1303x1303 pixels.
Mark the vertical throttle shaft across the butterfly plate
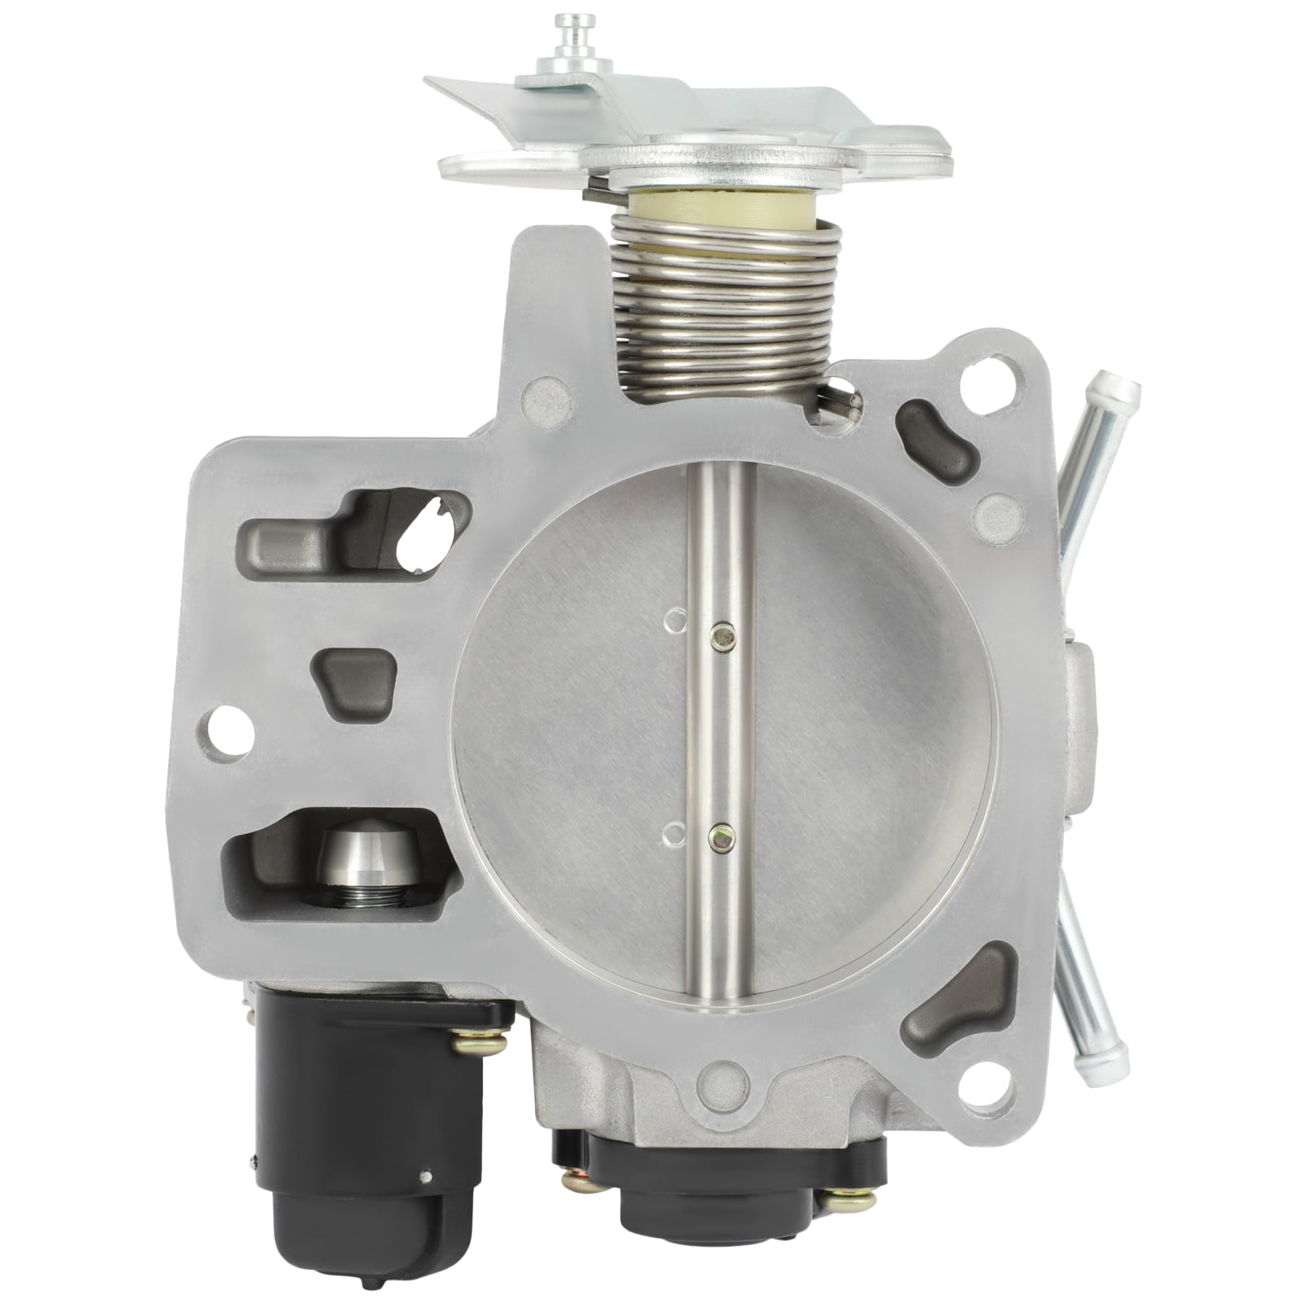(x=722, y=733)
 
